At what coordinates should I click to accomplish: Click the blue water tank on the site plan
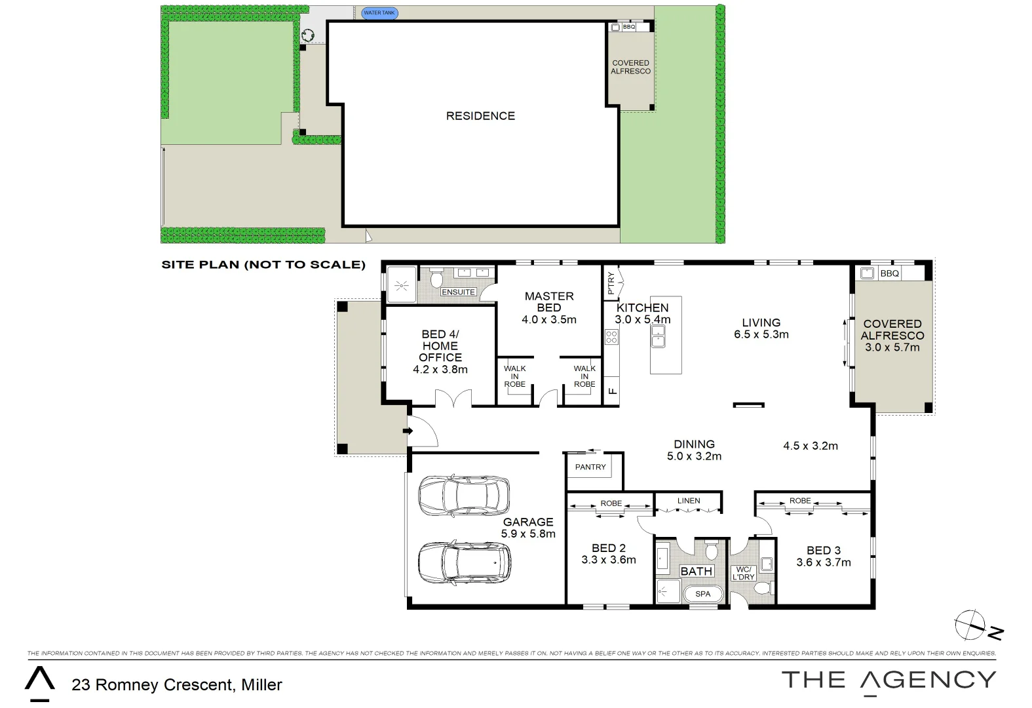pos(379,12)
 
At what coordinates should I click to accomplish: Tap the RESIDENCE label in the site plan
pos(480,116)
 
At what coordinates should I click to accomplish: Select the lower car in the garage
pos(464,563)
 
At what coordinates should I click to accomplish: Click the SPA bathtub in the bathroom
pos(702,594)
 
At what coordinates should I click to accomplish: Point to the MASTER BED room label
pos(548,302)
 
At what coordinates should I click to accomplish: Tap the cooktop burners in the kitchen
pos(611,338)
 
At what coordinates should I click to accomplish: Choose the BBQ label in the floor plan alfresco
pos(890,273)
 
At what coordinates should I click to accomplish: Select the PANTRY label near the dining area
pos(590,467)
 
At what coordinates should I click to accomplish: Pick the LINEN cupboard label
pos(689,500)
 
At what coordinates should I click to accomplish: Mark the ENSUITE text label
pos(458,292)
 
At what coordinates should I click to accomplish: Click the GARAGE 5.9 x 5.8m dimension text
pos(528,534)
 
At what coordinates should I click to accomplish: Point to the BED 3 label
pos(824,551)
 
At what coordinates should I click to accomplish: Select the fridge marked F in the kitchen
pos(612,391)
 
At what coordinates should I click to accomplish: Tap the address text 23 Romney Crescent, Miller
pos(177,685)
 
